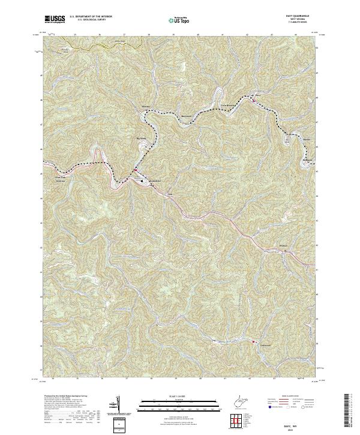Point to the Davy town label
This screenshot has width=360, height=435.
259,95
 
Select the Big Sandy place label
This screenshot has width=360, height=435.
142,137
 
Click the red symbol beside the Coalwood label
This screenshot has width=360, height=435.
254,343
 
